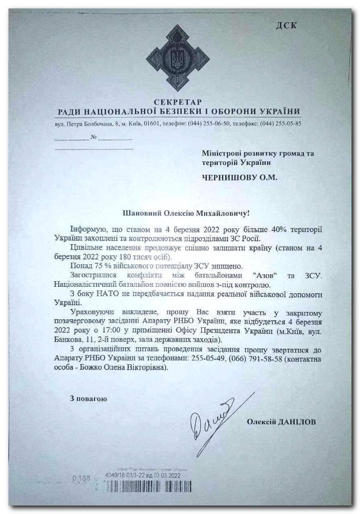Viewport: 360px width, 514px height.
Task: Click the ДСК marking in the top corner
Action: (287, 26)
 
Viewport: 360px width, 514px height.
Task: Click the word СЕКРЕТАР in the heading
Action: (177, 102)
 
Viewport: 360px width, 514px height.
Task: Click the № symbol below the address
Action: (94, 137)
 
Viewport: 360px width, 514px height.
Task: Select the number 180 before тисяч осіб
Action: (113, 256)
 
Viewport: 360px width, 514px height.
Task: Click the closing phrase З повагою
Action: (88, 399)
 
